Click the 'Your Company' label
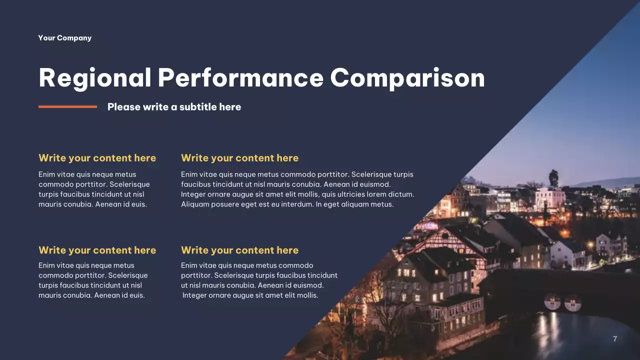64,38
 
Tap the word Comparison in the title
407,78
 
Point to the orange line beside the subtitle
67,106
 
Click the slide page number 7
615,339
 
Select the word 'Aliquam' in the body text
195,204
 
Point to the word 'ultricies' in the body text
347,194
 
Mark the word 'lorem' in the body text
377,194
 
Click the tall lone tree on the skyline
553,177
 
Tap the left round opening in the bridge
552,301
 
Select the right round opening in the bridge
573,303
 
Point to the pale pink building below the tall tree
550,198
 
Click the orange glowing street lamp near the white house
565,232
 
